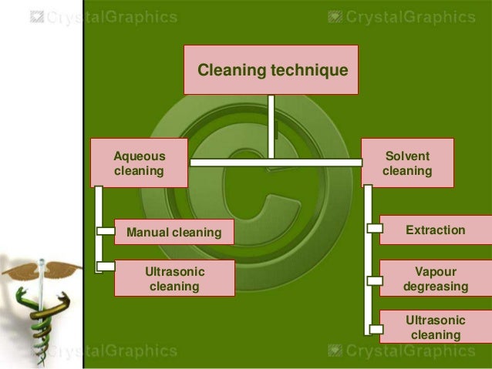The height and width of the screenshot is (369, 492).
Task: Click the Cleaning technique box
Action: click(271, 69)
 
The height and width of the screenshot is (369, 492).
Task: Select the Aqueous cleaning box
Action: click(140, 163)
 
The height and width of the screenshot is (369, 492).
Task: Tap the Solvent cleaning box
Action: click(407, 163)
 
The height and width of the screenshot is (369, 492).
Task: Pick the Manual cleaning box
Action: click(174, 232)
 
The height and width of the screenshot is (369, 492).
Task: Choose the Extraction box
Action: click(436, 230)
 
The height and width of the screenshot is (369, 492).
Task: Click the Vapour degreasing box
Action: click(436, 279)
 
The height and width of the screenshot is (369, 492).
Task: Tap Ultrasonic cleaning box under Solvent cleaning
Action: click(436, 327)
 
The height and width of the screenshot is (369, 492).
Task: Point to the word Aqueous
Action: click(140, 156)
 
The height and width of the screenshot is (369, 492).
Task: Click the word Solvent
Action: click(407, 156)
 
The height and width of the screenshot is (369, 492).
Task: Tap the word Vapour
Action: click(436, 272)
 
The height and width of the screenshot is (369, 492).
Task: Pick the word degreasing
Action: click(436, 287)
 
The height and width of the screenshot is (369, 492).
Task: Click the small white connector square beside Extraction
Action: click(374, 229)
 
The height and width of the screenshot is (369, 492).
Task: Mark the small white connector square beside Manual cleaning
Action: click(106, 231)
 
